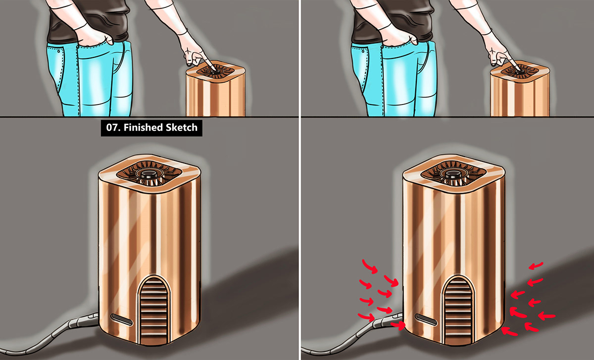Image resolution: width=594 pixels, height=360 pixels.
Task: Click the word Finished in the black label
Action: pos(143,128)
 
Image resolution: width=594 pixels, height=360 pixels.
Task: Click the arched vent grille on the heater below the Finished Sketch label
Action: pos(154,310)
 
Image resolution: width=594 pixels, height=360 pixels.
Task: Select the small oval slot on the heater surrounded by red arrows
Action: pos(426,319)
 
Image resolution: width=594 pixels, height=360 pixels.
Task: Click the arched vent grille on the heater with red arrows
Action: pos(458,310)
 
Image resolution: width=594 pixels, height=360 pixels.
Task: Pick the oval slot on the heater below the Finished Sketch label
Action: pos(122,319)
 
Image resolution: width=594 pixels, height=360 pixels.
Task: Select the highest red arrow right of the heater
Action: pos(536,266)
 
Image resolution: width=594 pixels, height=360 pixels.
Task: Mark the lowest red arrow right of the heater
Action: pos(509,332)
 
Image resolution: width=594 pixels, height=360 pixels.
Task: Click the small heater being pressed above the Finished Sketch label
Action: pos(215,89)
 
